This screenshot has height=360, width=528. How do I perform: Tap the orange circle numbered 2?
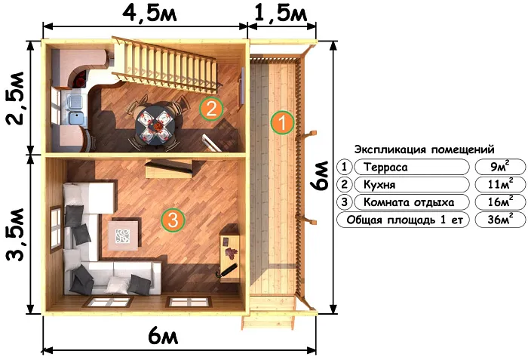pyautogui.click(x=212, y=109)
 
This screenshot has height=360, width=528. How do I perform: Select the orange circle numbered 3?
pyautogui.click(x=173, y=220)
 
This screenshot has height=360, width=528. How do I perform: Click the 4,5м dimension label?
pyautogui.click(x=146, y=13)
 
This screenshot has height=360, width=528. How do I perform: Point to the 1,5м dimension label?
pyautogui.click(x=282, y=13)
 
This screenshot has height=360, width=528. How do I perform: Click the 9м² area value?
pyautogui.click(x=496, y=167)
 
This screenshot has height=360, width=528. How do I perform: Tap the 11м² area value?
pyautogui.click(x=496, y=184)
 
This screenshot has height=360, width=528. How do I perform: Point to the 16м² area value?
pyautogui.click(x=496, y=202)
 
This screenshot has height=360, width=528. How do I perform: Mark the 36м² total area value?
pyautogui.click(x=496, y=220)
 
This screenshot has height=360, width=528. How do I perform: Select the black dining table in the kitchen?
pyautogui.click(x=155, y=122)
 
